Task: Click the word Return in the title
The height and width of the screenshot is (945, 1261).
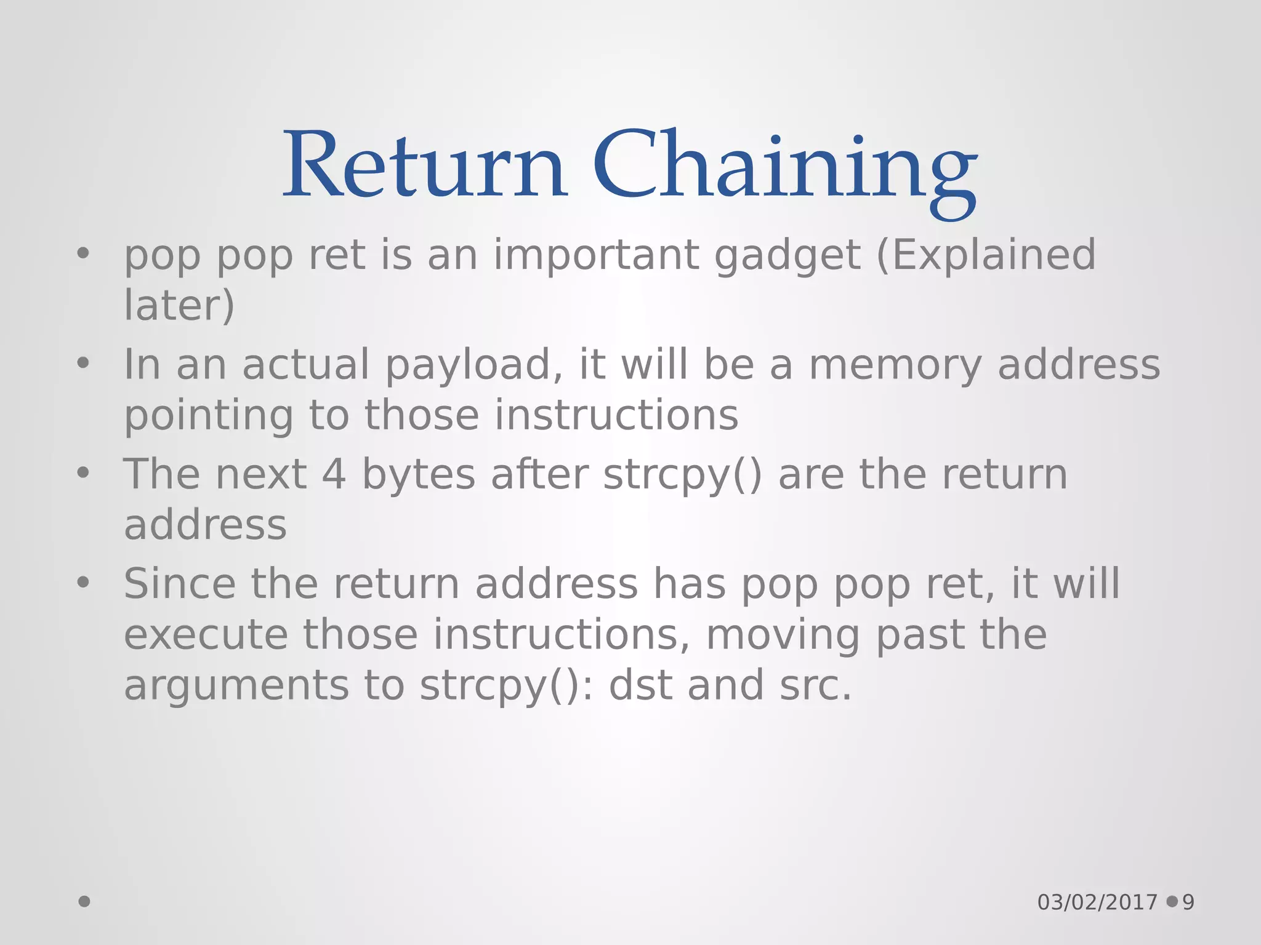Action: [x=425, y=165]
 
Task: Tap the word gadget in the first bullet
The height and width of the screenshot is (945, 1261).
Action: [x=788, y=256]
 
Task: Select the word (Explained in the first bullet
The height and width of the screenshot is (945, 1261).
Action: [x=986, y=256]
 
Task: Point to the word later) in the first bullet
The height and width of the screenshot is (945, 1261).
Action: [x=179, y=305]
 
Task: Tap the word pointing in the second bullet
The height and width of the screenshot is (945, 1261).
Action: [x=209, y=416]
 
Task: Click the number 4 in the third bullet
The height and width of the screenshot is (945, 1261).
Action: [x=334, y=475]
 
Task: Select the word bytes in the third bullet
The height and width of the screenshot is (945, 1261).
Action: [x=419, y=475]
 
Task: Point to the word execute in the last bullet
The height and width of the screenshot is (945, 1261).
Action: [x=206, y=635]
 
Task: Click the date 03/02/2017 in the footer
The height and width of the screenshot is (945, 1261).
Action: [x=1097, y=903]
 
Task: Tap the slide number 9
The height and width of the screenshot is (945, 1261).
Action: [x=1188, y=903]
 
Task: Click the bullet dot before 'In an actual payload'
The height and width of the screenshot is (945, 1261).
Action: [x=83, y=364]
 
